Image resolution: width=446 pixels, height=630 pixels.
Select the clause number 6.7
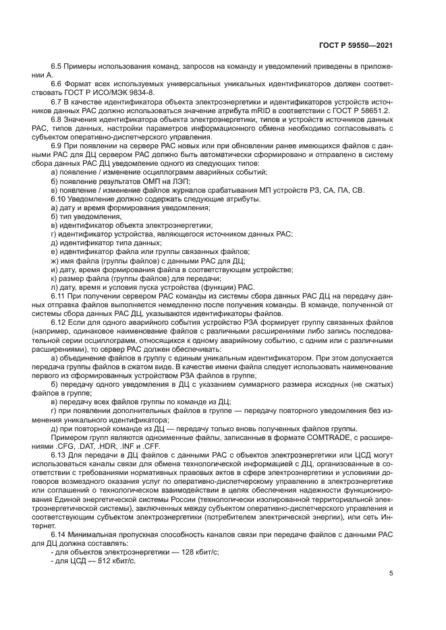57,100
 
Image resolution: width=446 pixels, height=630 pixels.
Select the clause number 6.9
57,146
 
